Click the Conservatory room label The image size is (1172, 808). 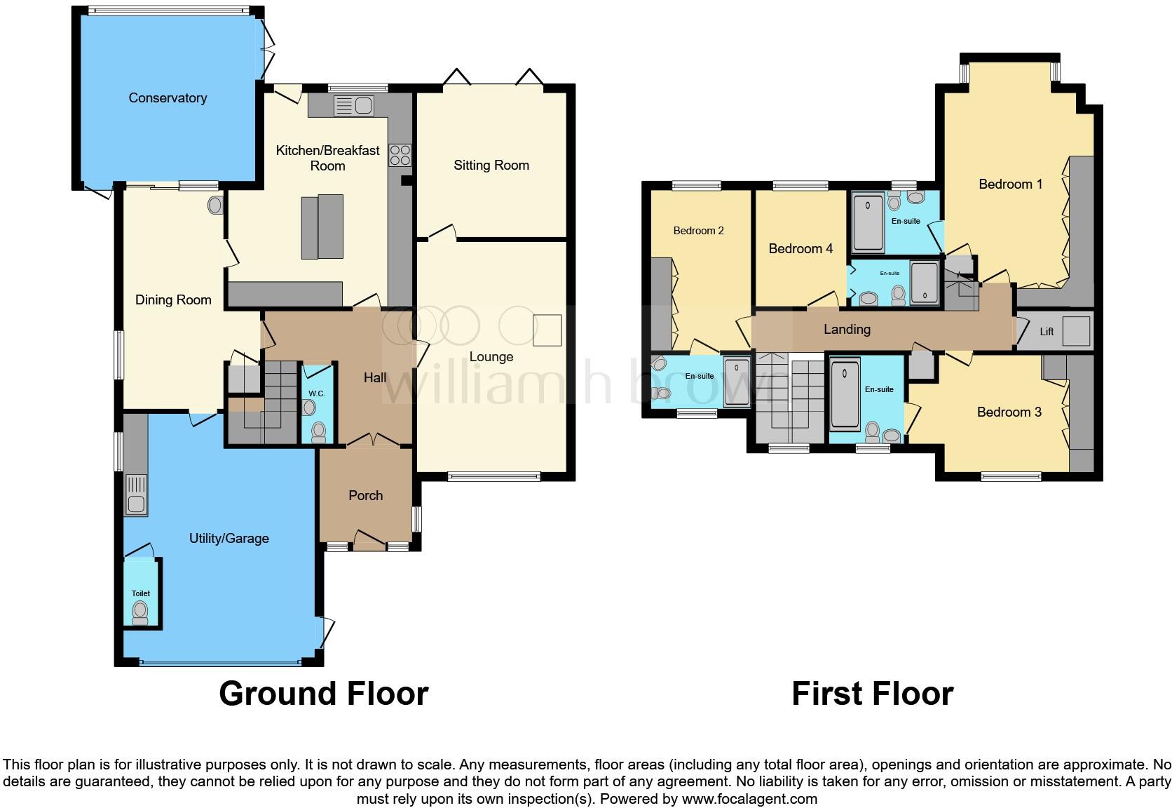click(168, 98)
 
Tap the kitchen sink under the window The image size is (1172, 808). click(355, 106)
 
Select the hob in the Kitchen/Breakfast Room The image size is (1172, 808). click(400, 154)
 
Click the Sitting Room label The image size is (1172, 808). click(491, 166)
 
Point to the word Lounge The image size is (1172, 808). click(491, 357)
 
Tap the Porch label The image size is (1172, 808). click(365, 496)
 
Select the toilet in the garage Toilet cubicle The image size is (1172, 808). click(141, 611)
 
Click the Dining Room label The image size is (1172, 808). click(173, 300)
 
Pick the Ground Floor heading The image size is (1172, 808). click(323, 694)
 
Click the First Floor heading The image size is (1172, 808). click(872, 694)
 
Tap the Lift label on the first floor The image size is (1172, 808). click(1047, 332)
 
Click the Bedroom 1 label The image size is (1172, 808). click(1010, 184)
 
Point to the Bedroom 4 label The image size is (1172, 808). click(800, 249)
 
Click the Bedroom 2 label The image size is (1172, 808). click(698, 231)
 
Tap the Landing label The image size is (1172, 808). click(847, 330)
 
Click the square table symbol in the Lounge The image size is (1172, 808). click(547, 330)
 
